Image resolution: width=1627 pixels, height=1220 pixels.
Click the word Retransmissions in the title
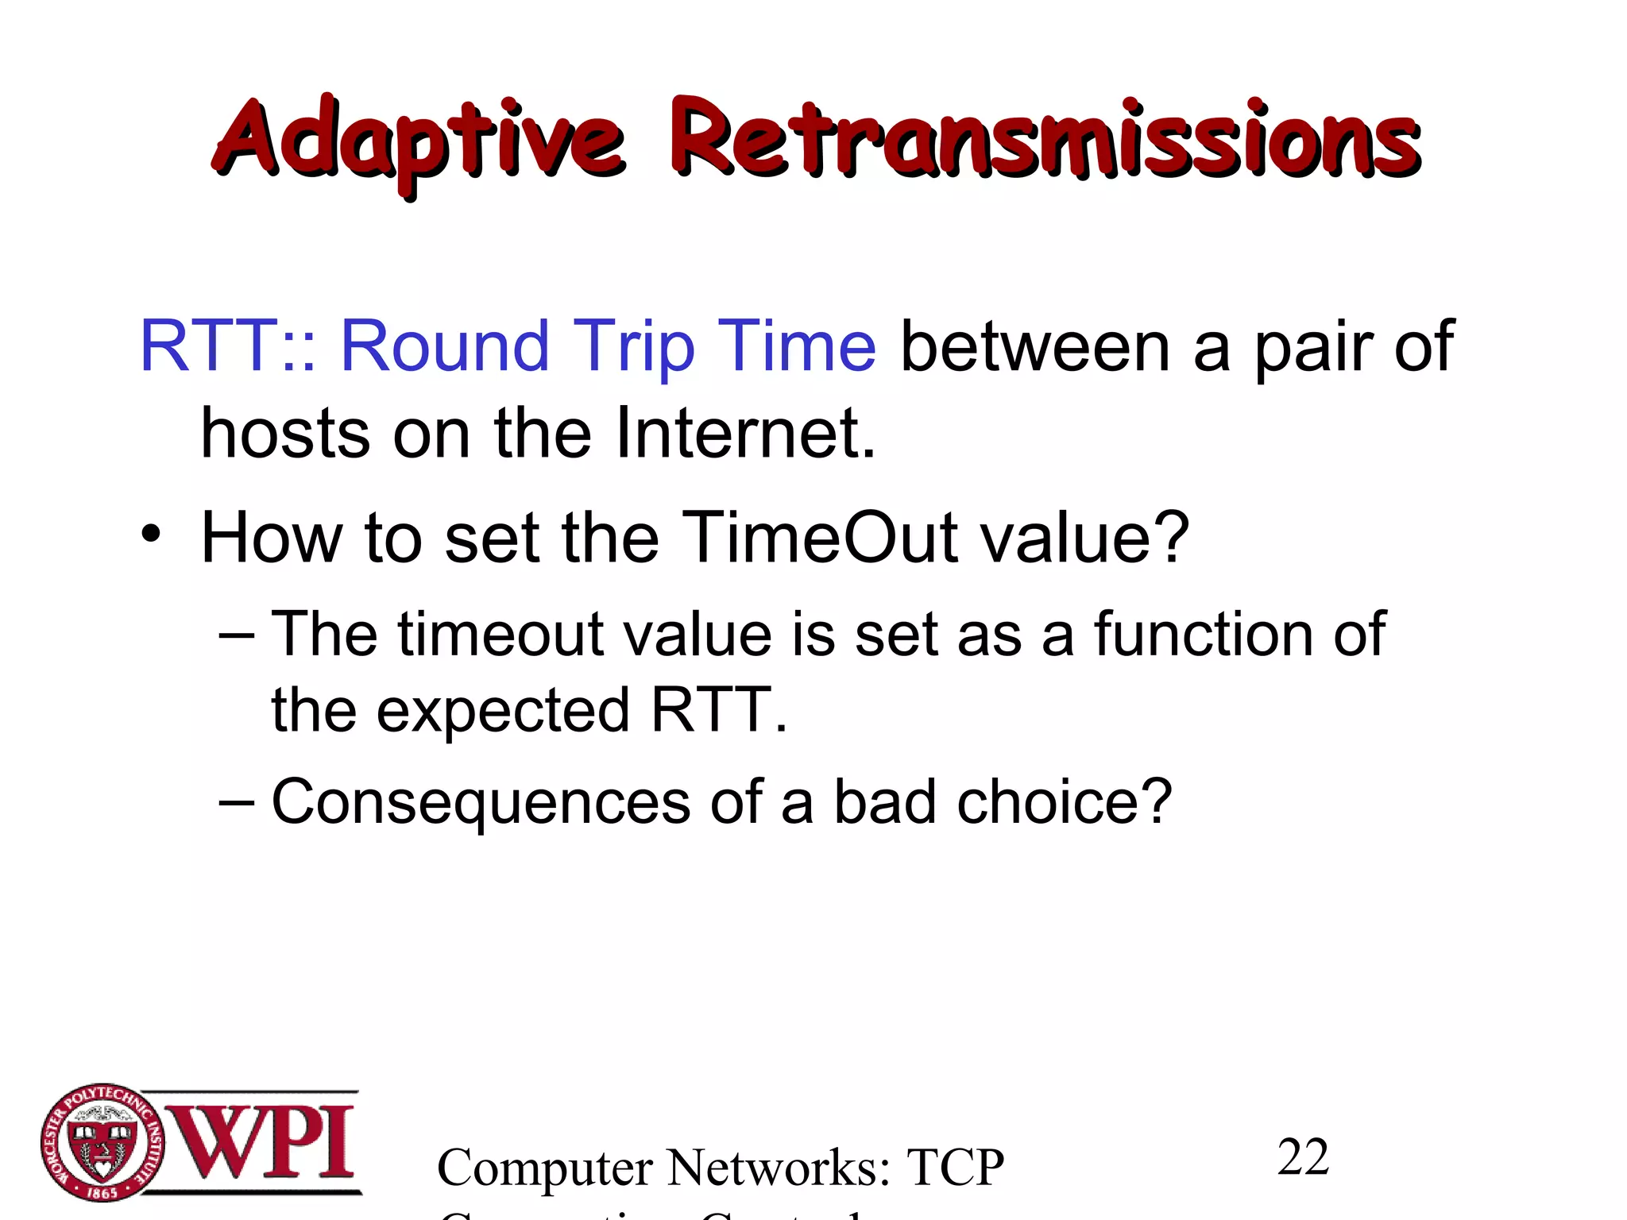tap(1045, 140)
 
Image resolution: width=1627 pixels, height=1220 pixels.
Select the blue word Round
tap(445, 346)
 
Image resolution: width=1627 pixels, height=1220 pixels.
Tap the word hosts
tap(285, 434)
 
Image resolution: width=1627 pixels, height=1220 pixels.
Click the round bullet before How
tap(152, 534)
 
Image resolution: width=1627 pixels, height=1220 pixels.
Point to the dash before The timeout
tap(236, 635)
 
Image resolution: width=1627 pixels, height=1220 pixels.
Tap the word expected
tap(503, 712)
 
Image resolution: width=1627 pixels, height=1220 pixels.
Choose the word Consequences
tap(481, 802)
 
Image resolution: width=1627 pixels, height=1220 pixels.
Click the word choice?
tap(1065, 802)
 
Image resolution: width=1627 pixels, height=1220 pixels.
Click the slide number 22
tap(1303, 1156)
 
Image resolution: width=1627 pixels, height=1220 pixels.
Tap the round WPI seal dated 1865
tap(102, 1143)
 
